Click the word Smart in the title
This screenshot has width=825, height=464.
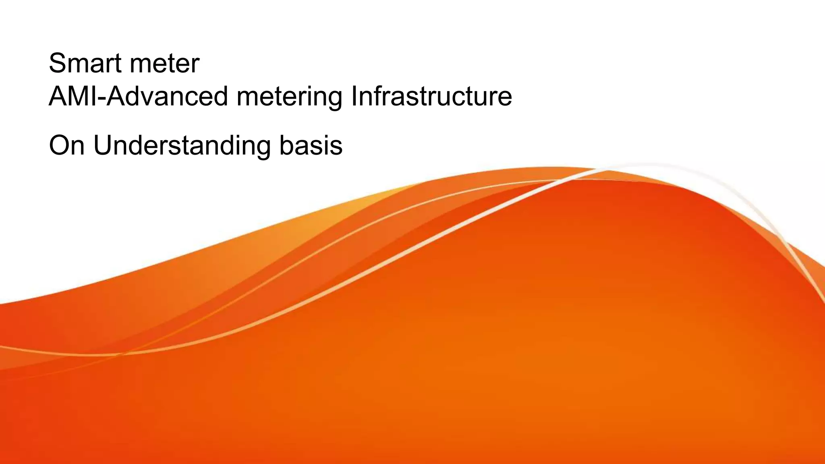click(x=85, y=63)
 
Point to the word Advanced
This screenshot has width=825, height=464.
click(x=168, y=96)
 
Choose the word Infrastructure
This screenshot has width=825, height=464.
click(x=431, y=96)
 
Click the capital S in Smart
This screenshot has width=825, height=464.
click(x=57, y=63)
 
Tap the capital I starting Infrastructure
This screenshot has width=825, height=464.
click(x=354, y=96)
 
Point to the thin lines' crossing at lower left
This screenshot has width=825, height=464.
click(x=121, y=354)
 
